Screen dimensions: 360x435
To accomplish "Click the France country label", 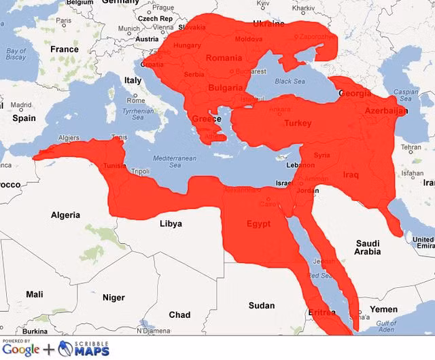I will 65,49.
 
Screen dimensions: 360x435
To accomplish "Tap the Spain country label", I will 24,118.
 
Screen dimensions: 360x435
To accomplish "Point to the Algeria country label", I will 65,215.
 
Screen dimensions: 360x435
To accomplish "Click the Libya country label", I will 171,223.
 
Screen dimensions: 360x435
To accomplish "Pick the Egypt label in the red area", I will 258,223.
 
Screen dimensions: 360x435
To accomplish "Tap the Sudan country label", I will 262,306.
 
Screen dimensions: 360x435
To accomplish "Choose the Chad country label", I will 179,314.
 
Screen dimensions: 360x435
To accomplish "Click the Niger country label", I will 114,298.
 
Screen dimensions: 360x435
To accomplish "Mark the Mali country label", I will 34,294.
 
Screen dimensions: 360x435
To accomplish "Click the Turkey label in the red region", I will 298,124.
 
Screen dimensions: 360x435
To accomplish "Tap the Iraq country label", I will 351,175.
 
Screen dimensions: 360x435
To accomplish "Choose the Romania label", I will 224,58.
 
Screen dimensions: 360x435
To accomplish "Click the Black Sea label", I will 290,81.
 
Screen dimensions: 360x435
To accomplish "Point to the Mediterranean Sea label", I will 174,161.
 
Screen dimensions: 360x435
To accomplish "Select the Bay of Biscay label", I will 16,55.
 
